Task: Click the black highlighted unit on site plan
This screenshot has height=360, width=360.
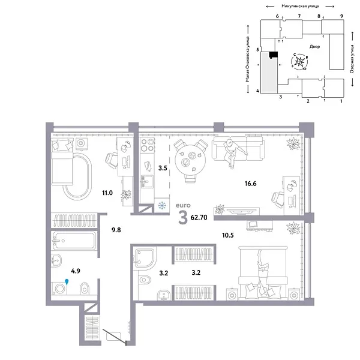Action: click(273, 55)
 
